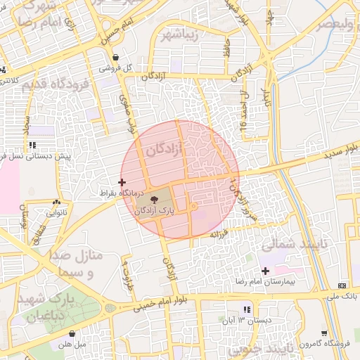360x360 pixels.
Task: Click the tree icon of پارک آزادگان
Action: point(154,200)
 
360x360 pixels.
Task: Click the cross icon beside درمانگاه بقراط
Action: point(122,182)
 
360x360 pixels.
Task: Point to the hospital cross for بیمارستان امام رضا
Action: point(265,271)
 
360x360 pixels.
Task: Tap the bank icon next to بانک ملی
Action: point(342,285)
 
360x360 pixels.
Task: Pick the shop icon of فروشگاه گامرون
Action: point(324,333)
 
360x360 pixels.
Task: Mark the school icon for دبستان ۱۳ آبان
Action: point(246,309)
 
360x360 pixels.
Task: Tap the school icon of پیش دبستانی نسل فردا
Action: point(32,145)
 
